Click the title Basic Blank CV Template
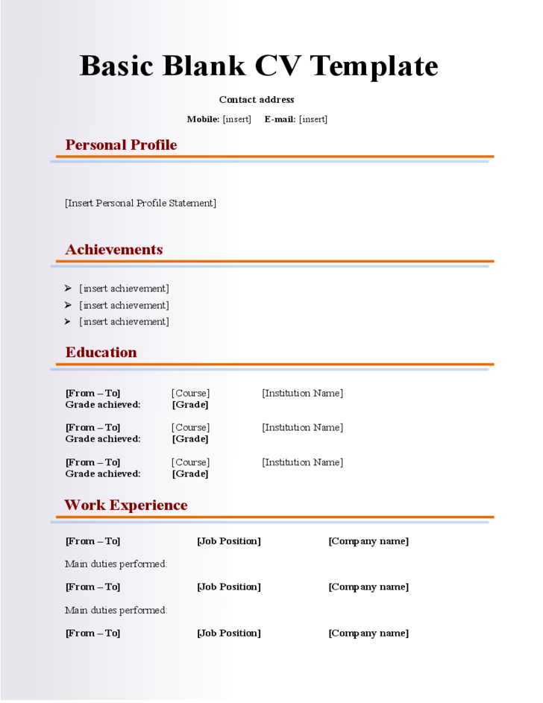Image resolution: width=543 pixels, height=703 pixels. click(258, 66)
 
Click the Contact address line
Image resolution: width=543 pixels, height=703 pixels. click(257, 100)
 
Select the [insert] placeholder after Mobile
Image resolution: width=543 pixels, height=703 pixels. click(237, 119)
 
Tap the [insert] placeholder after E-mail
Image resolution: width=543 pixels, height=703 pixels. click(313, 119)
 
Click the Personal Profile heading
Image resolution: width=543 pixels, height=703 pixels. click(121, 145)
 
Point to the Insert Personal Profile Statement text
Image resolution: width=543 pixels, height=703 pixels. click(140, 203)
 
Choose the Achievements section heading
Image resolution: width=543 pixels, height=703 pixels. click(113, 250)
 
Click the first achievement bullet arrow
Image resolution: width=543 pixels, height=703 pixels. click(68, 289)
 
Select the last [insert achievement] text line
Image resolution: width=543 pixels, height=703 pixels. click(125, 322)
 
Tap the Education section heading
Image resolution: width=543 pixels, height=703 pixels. click(101, 353)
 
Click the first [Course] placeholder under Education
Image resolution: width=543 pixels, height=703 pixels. click(190, 393)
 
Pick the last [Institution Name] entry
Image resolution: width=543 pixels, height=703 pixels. click(302, 462)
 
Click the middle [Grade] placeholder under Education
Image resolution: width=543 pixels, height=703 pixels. click(190, 439)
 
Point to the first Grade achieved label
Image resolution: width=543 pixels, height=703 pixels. click(103, 405)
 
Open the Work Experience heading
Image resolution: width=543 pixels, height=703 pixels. click(125, 505)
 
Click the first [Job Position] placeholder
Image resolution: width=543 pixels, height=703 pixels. click(229, 541)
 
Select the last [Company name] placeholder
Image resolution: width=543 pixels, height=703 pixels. click(368, 633)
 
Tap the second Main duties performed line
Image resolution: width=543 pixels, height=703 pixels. click(116, 611)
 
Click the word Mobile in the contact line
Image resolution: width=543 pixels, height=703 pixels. click(203, 119)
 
